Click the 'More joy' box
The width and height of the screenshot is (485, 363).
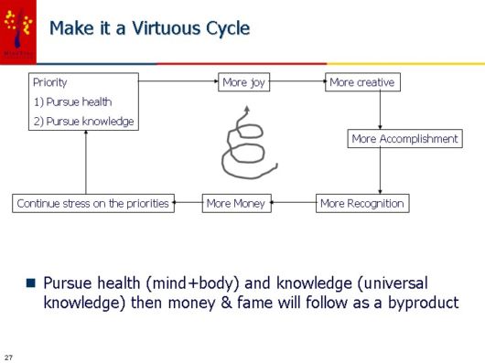pyautogui.click(x=244, y=82)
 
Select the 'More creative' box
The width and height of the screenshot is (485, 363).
pyautogui.click(x=362, y=82)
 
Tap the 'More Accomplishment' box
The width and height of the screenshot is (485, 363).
pyautogui.click(x=404, y=139)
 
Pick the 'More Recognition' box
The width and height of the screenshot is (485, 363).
pyautogui.click(x=362, y=203)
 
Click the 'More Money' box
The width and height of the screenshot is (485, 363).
pyautogui.click(x=236, y=203)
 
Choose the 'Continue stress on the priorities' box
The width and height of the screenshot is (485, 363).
pyautogui.click(x=93, y=203)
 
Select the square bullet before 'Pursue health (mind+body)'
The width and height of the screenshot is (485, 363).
pyautogui.click(x=29, y=281)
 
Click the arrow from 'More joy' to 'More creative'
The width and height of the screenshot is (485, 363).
pyautogui.click(x=298, y=82)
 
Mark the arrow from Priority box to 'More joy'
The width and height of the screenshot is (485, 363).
pyautogui.click(x=178, y=82)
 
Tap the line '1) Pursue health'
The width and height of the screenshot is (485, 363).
pyautogui.click(x=72, y=101)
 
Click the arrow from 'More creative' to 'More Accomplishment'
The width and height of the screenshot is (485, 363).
pyautogui.click(x=380, y=110)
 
